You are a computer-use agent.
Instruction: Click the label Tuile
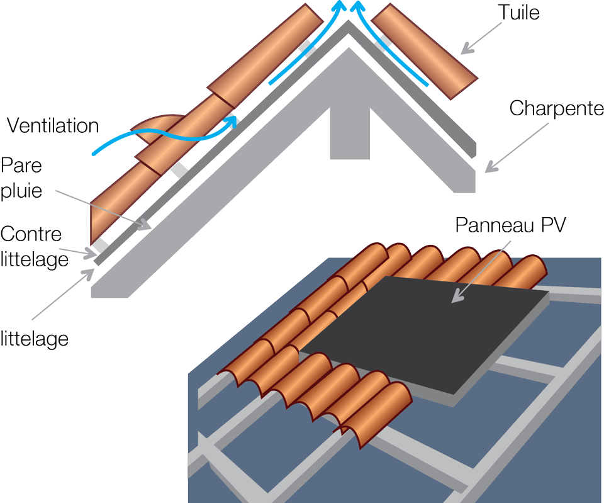[x=518, y=12]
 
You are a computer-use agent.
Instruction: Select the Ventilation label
[x=53, y=126]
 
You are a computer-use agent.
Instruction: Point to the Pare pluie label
[x=21, y=178]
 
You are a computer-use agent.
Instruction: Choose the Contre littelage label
[x=34, y=247]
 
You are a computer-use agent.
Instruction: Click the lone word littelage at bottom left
[x=34, y=339]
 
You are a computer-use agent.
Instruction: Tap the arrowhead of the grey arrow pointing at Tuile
[x=465, y=50]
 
